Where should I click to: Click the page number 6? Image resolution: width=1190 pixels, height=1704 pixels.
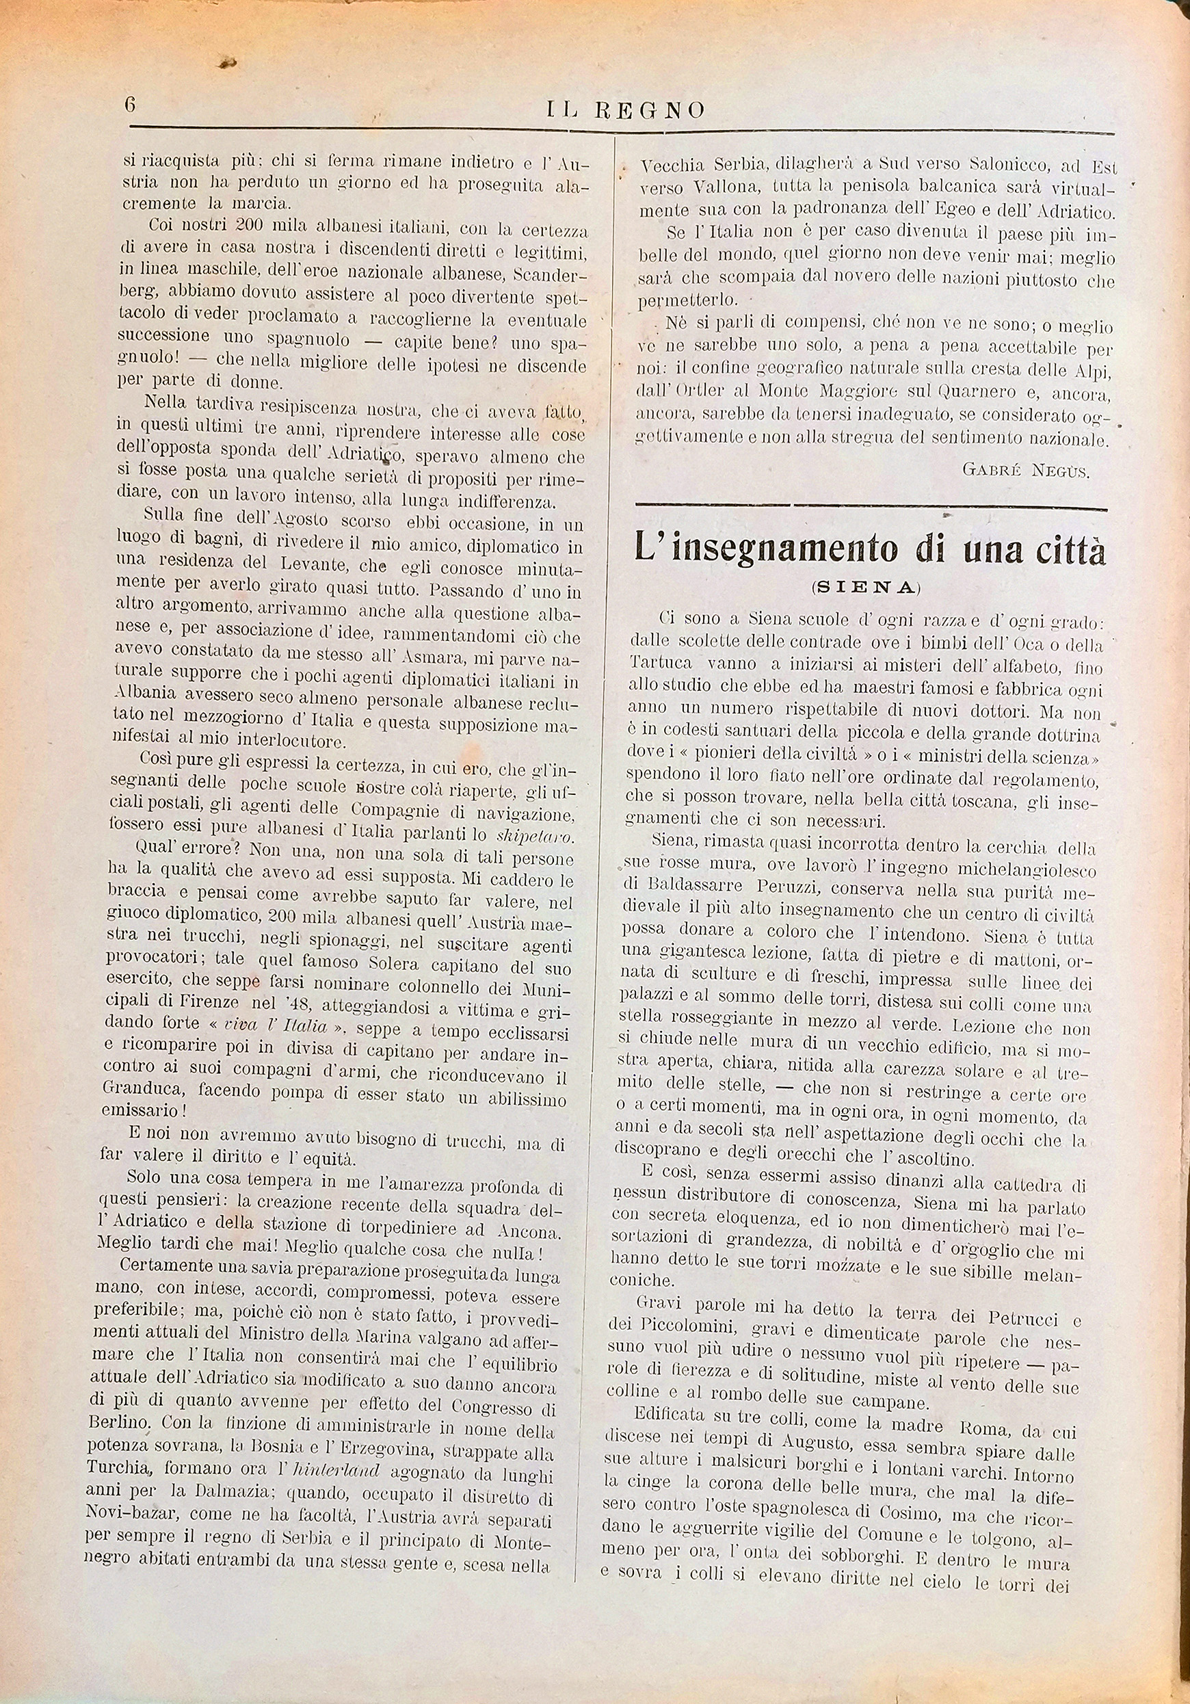[130, 104]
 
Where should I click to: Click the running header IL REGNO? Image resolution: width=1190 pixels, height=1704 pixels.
[624, 112]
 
